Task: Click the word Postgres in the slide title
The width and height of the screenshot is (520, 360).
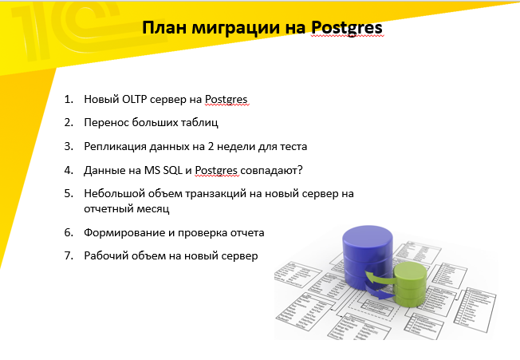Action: [x=347, y=28]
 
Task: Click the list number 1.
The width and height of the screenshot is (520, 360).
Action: [x=69, y=99]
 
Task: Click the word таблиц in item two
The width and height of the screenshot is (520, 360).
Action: [x=199, y=123]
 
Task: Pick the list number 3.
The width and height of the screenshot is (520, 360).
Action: [x=69, y=146]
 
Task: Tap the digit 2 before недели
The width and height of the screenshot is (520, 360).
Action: [x=211, y=146]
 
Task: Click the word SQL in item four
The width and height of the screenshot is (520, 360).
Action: [x=173, y=170]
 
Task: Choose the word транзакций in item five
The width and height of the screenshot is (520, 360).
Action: [x=215, y=194]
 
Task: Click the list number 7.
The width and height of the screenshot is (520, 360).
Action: [x=69, y=255]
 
